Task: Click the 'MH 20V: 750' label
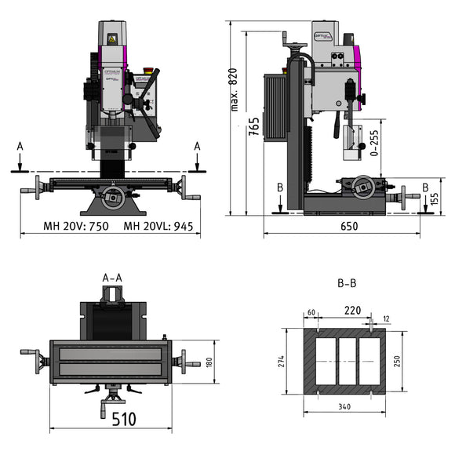[76, 227]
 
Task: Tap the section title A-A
[112, 277]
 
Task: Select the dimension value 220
[352, 311]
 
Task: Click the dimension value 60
[311, 312]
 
